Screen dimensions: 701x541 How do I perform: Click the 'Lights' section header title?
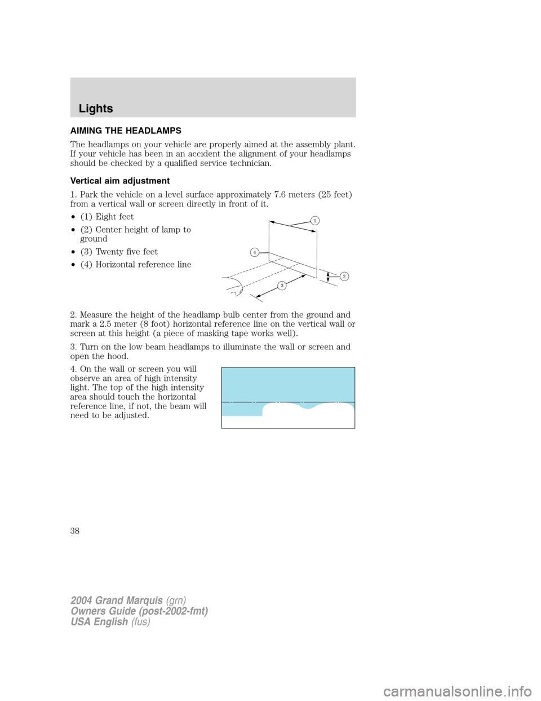click(96, 108)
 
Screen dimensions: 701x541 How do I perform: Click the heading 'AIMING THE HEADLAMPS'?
click(126, 130)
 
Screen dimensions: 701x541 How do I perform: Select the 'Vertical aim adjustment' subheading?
click(120, 181)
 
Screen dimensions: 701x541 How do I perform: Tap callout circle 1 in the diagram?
click(316, 220)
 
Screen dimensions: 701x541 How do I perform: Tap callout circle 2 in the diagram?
click(344, 276)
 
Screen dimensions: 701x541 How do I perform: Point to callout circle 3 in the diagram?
click(282, 286)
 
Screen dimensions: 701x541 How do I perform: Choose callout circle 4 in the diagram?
click(255, 252)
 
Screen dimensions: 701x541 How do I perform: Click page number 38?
click(75, 531)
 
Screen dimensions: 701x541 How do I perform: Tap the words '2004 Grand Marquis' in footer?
click(117, 601)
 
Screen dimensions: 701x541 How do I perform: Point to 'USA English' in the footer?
click(99, 621)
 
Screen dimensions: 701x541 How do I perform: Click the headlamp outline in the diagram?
click(234, 286)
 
